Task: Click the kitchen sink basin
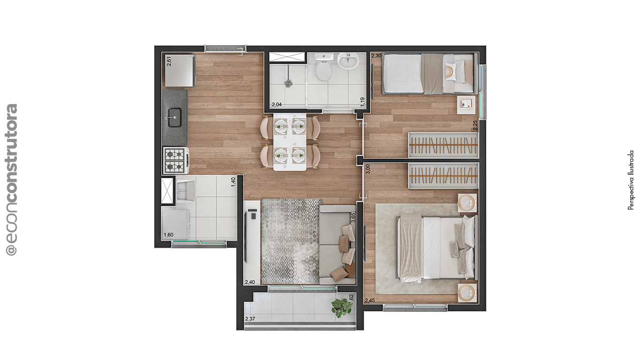pos(175,117)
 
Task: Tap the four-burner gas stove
pos(175,160)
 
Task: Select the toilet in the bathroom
pos(324,70)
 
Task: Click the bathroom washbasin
pos(348,60)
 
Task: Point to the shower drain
pos(288,83)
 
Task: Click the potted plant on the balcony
pos(342,307)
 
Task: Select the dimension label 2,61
pos(169,61)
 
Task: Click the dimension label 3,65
pos(353,217)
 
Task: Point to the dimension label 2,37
pos(251,319)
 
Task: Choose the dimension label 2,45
pos(370,300)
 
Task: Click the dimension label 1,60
pos(168,235)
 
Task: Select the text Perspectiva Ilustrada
pos(631,180)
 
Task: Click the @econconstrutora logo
pos(11,180)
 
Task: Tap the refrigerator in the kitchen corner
pos(179,70)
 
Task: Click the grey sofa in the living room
pos(336,245)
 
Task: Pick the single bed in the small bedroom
pos(428,74)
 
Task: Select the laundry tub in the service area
pos(186,190)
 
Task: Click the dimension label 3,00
pos(368,169)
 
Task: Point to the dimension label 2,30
pos(376,56)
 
